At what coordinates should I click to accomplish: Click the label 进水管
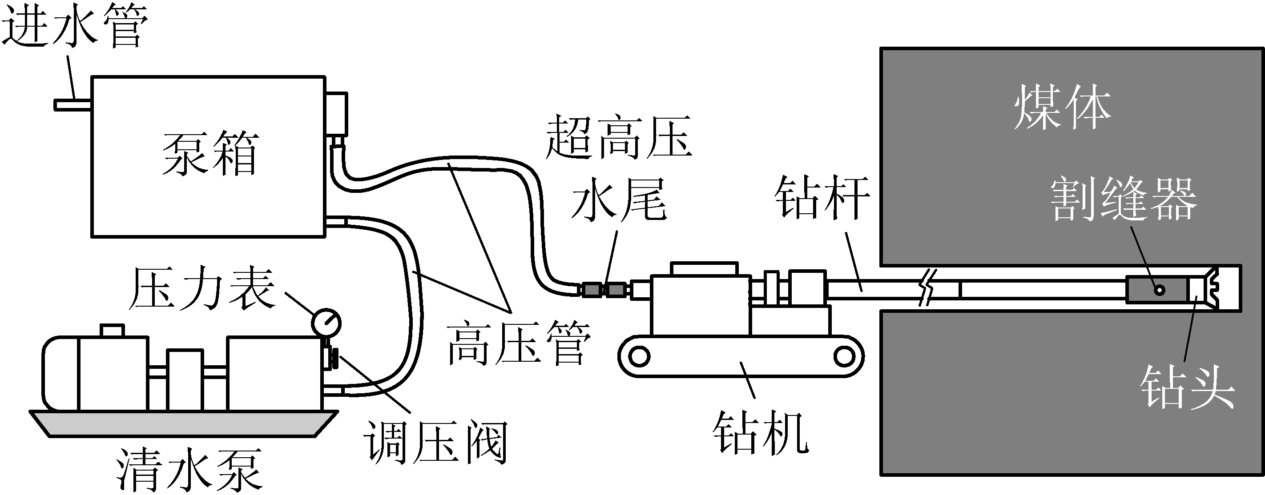[x=75, y=27]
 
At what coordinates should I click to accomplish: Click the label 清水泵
[x=189, y=470]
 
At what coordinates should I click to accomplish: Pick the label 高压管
[x=519, y=343]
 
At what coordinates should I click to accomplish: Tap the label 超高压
[x=619, y=137]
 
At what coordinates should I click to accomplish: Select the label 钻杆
[x=822, y=198]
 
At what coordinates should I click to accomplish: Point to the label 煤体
[x=1063, y=108]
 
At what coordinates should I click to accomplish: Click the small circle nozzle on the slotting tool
[x=1160, y=290]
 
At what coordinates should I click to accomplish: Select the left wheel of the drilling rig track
[x=639, y=357]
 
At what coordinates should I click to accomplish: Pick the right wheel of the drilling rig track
[x=844, y=357]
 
